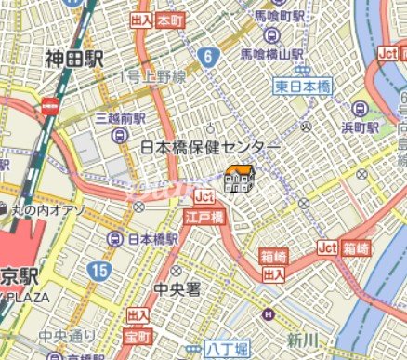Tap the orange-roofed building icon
(239, 178)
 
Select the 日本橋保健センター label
(210, 148)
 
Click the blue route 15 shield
(99, 271)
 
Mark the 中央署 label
(178, 289)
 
